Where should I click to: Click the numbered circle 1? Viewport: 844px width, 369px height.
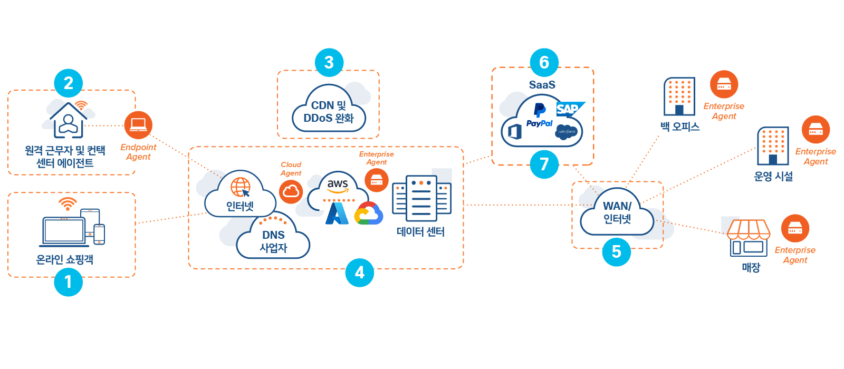[x=69, y=282]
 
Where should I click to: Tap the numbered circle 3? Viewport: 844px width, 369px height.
[x=329, y=62]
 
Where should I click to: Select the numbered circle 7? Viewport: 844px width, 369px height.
[x=544, y=164]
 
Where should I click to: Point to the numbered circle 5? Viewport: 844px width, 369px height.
[x=616, y=252]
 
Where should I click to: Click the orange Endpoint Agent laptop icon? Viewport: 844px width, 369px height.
[x=138, y=125]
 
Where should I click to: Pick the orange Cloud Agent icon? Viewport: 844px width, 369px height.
[x=291, y=192]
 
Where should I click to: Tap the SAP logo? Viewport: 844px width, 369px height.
[x=569, y=109]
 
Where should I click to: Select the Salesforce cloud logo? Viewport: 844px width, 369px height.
[x=567, y=132]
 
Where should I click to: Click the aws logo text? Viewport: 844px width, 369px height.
[x=338, y=184]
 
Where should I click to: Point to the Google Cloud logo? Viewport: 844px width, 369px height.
[x=369, y=214]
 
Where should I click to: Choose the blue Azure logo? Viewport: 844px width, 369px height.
[x=337, y=213]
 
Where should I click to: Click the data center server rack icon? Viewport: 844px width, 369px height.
[x=421, y=199]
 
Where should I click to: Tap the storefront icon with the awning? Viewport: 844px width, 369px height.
[x=749, y=238]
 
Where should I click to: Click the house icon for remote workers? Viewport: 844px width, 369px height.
[x=68, y=121]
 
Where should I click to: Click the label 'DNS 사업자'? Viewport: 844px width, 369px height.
[x=273, y=241]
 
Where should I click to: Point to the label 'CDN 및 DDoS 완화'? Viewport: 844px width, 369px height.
[x=329, y=112]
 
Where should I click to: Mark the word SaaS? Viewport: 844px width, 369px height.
[x=542, y=85]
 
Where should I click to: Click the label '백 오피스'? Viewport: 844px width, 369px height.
[x=680, y=127]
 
